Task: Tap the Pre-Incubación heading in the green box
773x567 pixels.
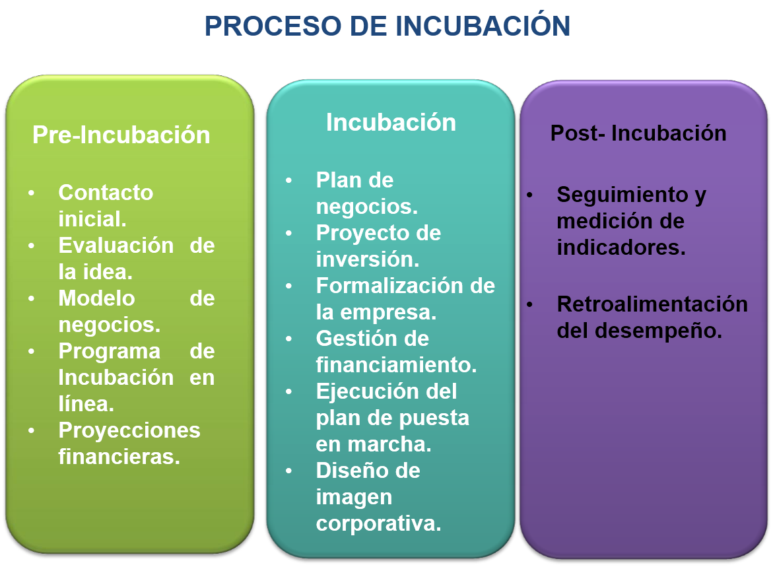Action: (x=121, y=135)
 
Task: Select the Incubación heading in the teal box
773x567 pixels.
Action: (x=391, y=122)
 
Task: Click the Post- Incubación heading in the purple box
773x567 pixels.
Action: (x=638, y=133)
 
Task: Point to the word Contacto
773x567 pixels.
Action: (x=106, y=192)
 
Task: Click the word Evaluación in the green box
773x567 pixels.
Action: (x=116, y=245)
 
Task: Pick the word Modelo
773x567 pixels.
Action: (x=96, y=298)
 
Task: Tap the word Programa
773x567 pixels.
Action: (x=110, y=352)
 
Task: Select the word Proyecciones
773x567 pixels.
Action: (x=129, y=430)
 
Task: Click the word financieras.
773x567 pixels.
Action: (x=119, y=457)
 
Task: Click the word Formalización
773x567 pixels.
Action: (x=389, y=285)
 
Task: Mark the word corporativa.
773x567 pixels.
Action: (x=379, y=523)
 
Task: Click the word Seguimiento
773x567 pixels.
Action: (x=622, y=195)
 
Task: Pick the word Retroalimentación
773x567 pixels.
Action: (x=652, y=304)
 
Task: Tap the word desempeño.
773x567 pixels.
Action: (x=659, y=331)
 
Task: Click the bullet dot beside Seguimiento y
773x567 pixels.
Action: (x=529, y=195)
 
